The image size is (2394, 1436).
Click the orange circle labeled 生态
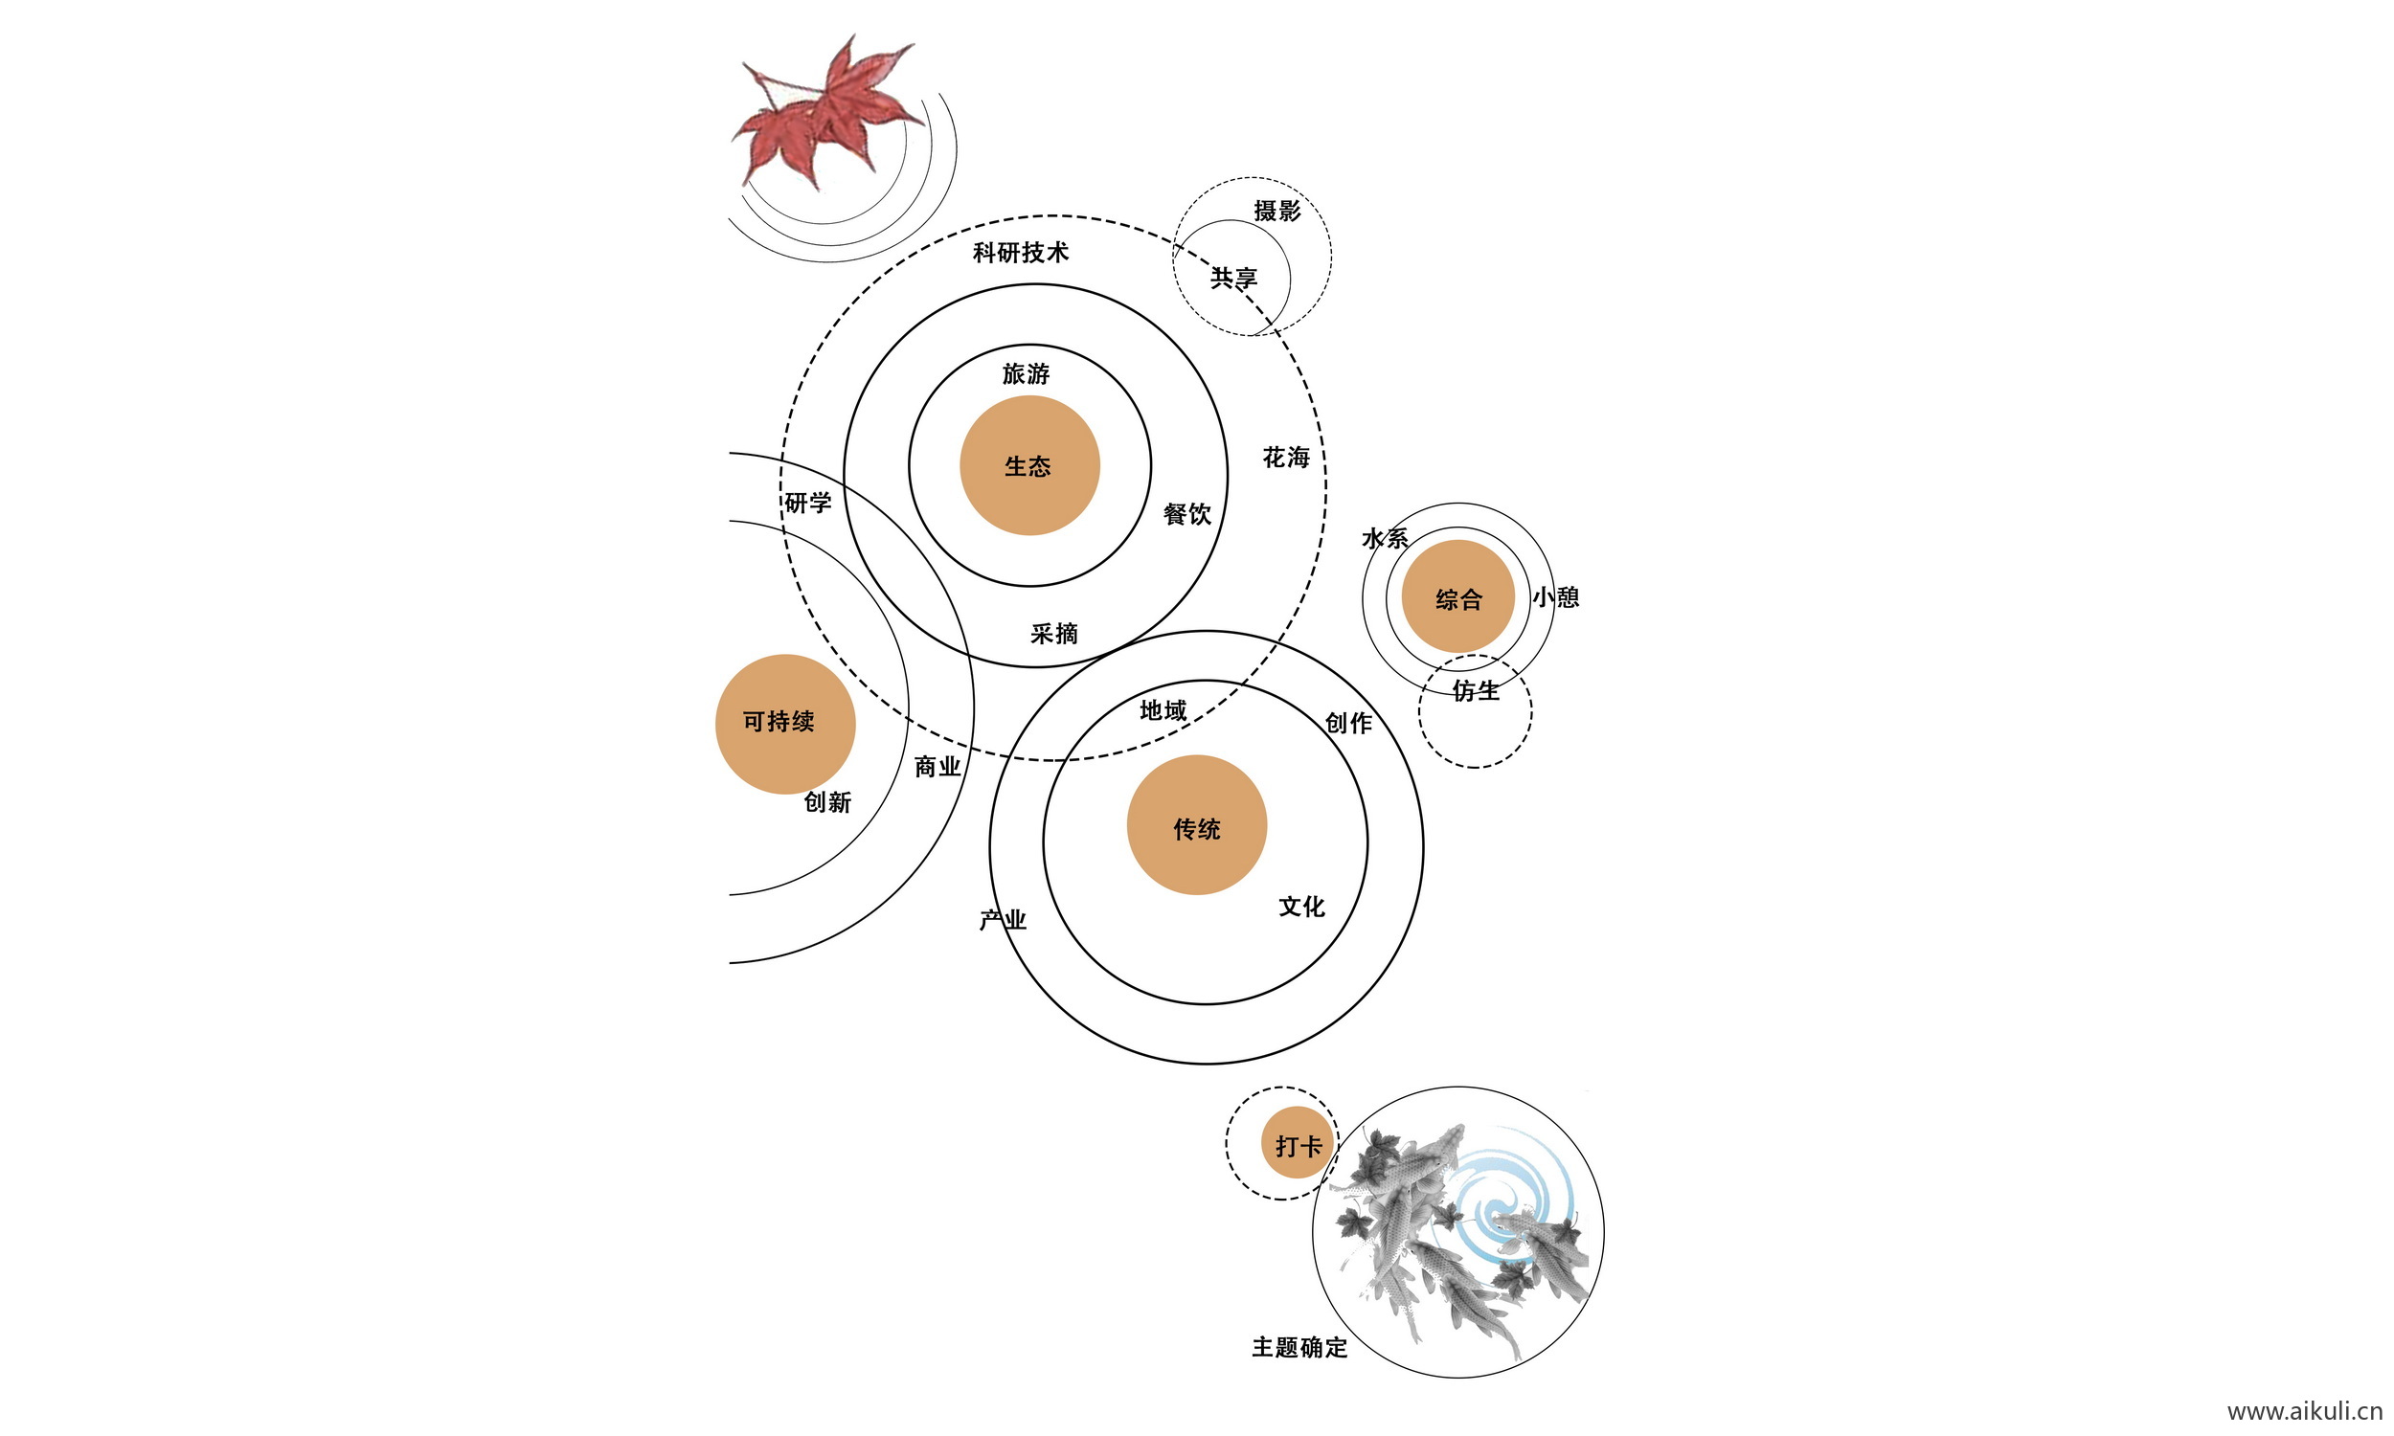coord(1028,465)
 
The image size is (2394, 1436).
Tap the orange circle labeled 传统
coord(1196,824)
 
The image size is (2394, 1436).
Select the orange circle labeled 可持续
coord(785,724)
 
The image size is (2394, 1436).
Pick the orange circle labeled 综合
coord(1457,597)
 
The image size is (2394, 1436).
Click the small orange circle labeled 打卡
coord(1297,1143)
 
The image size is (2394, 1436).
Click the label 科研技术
coord(1020,253)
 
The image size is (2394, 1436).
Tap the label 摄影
coord(1276,211)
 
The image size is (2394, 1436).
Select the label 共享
coord(1233,279)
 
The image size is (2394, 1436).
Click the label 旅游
coord(1026,373)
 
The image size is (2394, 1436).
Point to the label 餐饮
coord(1187,514)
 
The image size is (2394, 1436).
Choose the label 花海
coord(1286,458)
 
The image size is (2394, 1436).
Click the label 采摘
coord(1053,634)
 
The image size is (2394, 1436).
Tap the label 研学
coord(808,504)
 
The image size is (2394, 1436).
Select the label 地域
coord(1163,711)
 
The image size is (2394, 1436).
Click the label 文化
coord(1301,907)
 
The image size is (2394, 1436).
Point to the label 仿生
coord(1476,691)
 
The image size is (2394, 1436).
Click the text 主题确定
coord(1299,1347)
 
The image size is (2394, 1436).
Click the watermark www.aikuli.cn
coord(2304,1412)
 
